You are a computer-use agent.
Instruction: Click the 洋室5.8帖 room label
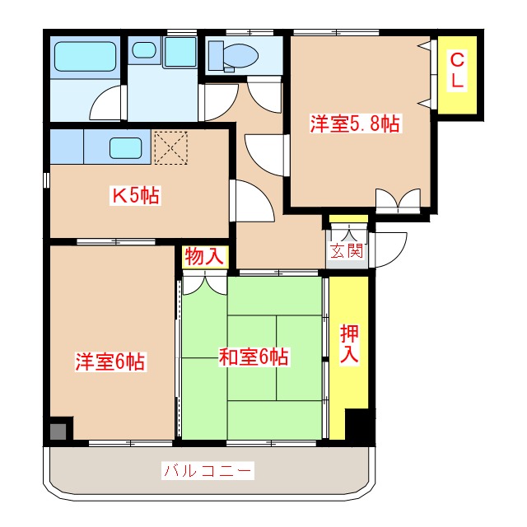[x=355, y=124]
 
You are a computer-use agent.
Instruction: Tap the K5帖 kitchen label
[x=136, y=196]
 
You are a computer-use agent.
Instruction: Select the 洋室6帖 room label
[x=111, y=361]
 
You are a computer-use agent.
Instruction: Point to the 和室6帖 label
[x=253, y=357]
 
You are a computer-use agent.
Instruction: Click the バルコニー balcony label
[x=208, y=472]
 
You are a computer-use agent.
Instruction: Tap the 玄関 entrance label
[x=347, y=251]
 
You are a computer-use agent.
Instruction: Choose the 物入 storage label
[x=203, y=256]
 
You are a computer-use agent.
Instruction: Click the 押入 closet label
[x=350, y=344]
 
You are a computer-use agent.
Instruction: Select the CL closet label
[x=456, y=71]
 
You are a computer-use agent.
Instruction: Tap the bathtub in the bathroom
[x=84, y=58]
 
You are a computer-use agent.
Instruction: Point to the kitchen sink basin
[x=126, y=148]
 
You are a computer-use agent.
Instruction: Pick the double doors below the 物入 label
[x=203, y=282]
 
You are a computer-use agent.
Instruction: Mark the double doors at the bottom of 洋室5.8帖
[x=398, y=200]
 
